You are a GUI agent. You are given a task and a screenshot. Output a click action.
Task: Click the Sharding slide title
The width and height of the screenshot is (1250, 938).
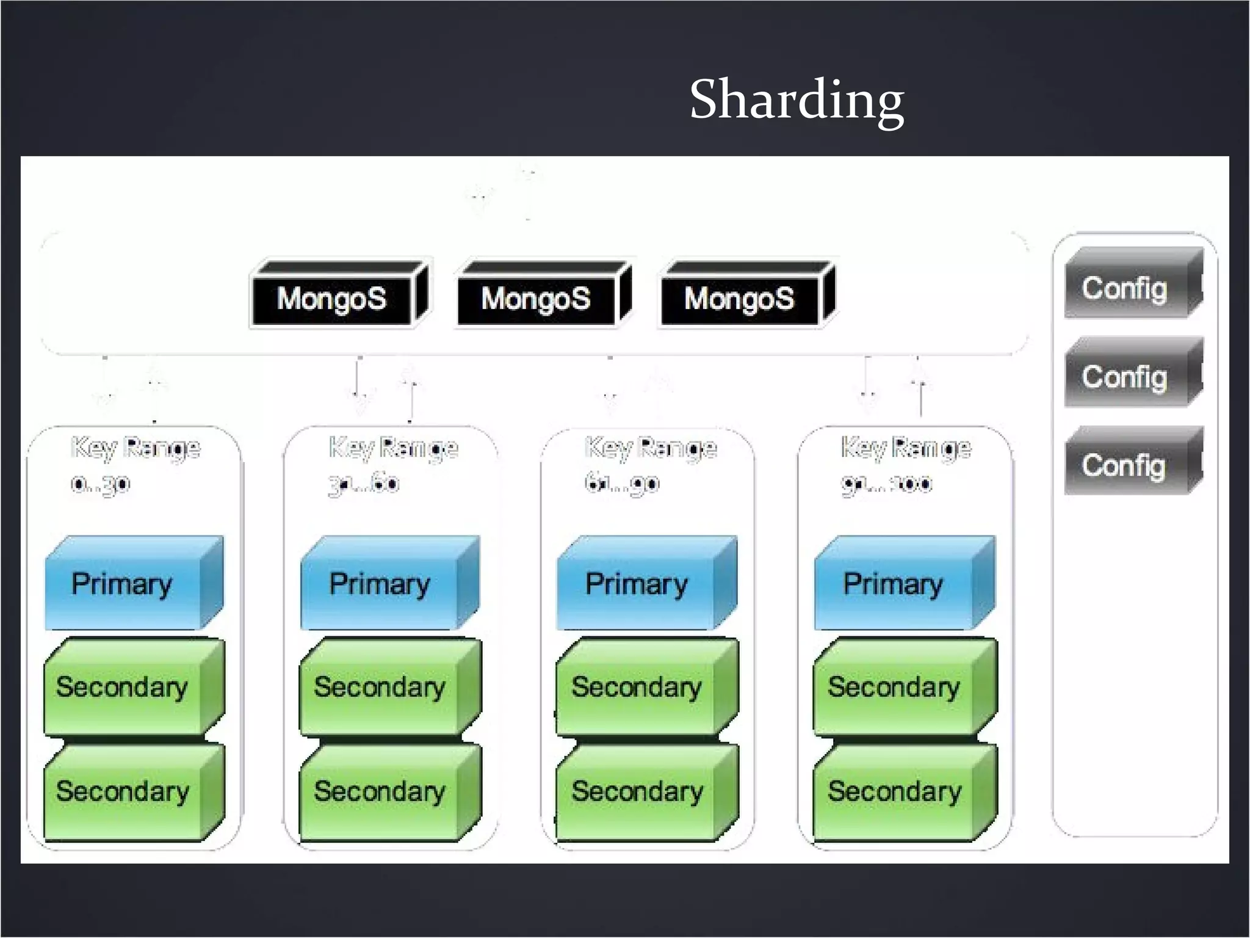(796, 100)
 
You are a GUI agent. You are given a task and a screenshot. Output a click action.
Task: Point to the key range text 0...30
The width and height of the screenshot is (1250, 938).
(101, 484)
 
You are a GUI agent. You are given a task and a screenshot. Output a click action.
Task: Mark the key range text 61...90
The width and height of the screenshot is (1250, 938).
(622, 484)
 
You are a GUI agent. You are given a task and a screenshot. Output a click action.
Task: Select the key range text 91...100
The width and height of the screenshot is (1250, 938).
(887, 484)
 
